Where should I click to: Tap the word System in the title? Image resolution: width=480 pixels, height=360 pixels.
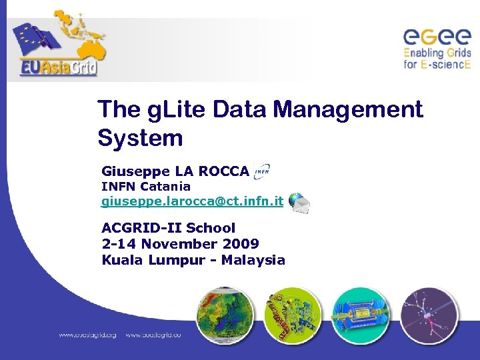(x=139, y=139)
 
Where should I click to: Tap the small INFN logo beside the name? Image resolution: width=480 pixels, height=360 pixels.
(x=262, y=172)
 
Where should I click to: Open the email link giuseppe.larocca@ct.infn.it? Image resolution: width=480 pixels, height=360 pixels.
(x=192, y=201)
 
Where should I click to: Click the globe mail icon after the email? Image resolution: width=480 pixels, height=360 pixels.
(x=299, y=202)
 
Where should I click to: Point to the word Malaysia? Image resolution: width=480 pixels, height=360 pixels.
(x=253, y=260)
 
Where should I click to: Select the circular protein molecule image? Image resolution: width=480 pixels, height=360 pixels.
(x=293, y=316)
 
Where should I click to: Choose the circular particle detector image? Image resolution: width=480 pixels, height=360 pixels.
(x=361, y=316)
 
